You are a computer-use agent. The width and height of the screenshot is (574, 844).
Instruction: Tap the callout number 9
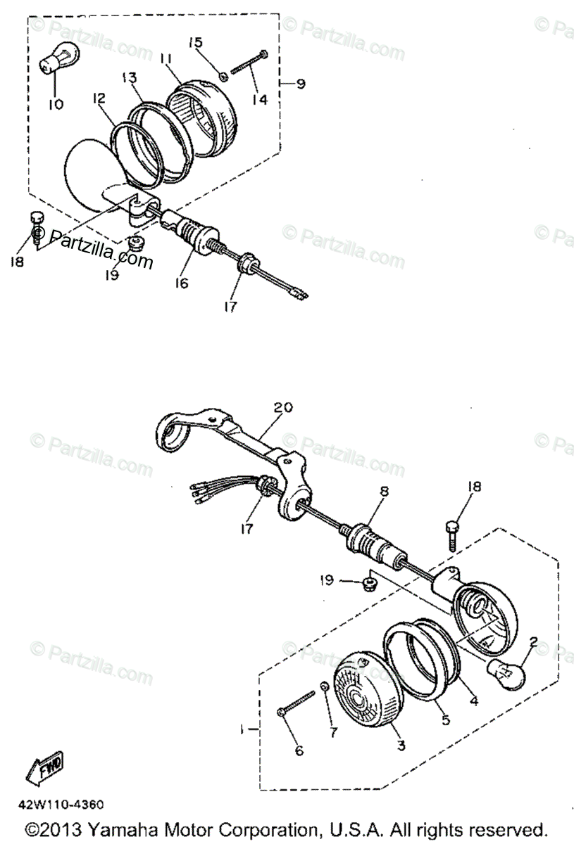301,84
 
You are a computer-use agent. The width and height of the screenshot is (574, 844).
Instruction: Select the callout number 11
166,61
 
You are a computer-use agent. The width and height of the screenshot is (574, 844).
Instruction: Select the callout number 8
383,493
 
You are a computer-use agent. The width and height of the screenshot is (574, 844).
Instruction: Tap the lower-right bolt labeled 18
454,532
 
